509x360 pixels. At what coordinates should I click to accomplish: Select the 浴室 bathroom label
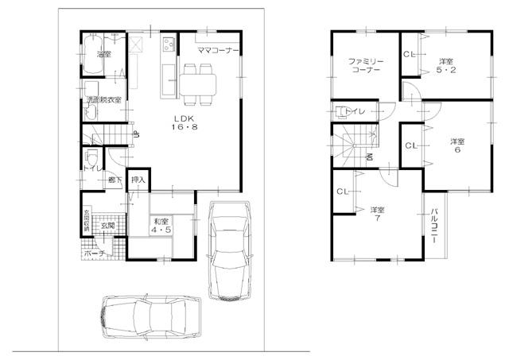coord(103,54)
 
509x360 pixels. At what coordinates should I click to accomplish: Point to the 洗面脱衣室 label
coord(103,100)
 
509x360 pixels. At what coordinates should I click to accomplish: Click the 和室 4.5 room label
coord(161,226)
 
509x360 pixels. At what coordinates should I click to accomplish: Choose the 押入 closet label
coord(138,180)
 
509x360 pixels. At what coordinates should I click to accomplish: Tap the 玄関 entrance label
coord(107,226)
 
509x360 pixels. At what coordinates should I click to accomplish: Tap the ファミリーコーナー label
coord(366,65)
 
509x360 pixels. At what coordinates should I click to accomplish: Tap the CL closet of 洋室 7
coord(343,192)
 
